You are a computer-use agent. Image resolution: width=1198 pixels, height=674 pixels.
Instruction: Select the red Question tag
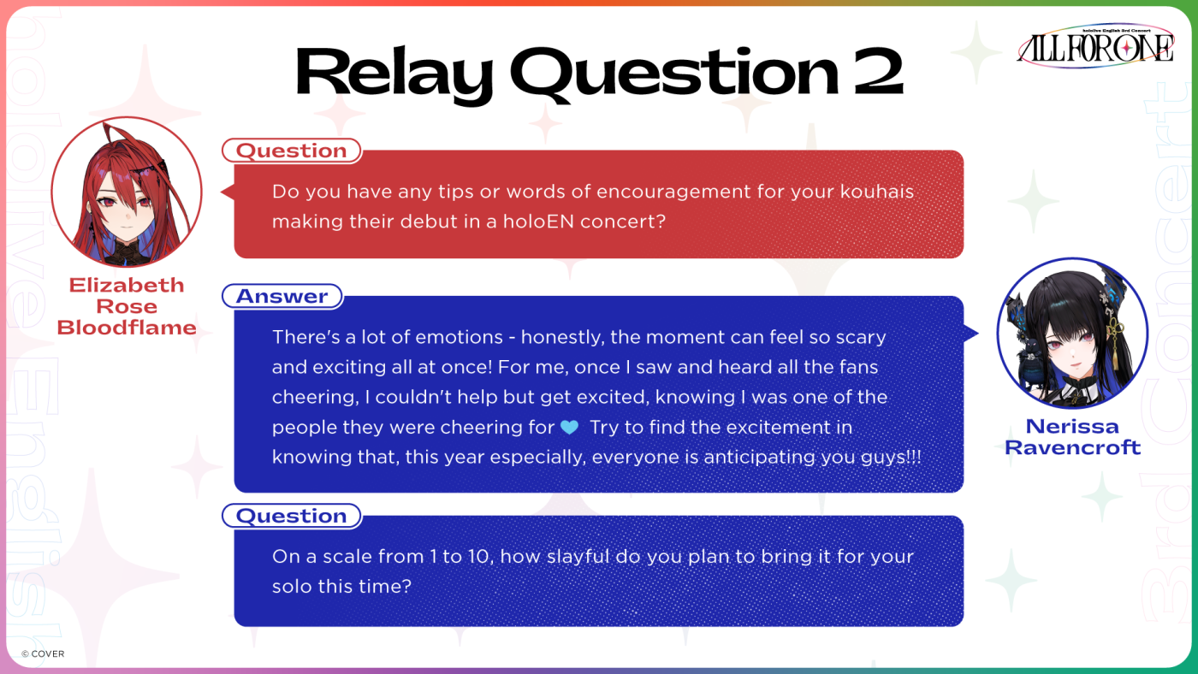[x=292, y=151]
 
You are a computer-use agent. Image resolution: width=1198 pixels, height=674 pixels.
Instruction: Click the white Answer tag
[x=282, y=296]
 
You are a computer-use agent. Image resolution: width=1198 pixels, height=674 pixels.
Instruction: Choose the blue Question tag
[x=292, y=516]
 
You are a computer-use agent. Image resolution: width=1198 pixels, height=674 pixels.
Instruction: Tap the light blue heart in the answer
[x=570, y=427]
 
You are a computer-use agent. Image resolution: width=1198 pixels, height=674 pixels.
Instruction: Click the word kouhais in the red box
[x=876, y=192]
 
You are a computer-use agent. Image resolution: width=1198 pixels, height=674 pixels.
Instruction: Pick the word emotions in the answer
[x=459, y=337]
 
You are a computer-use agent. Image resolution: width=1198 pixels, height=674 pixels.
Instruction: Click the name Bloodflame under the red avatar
[x=127, y=328]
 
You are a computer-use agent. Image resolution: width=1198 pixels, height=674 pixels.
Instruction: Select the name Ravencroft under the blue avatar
[x=1073, y=447]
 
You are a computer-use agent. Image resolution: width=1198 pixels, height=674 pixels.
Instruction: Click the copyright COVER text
[x=43, y=653]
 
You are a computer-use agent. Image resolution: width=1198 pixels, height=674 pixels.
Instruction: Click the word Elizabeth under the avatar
[x=127, y=286]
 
